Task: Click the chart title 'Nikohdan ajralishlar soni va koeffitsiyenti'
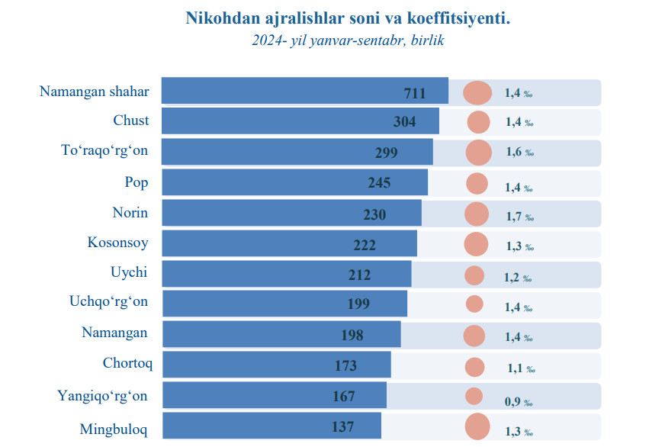click(348, 18)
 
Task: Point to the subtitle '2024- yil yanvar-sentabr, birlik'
click(348, 40)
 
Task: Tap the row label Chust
click(131, 121)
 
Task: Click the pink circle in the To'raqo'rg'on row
click(478, 153)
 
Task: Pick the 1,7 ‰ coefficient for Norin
click(519, 217)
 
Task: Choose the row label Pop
click(137, 182)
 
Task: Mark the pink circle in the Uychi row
click(474, 275)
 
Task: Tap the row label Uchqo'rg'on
click(109, 302)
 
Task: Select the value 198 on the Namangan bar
click(352, 335)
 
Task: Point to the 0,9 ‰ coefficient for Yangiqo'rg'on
click(518, 402)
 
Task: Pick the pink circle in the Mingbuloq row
click(477, 426)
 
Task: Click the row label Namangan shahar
click(94, 92)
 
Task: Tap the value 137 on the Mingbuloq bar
click(342, 427)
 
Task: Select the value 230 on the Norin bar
click(374, 215)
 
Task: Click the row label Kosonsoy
click(118, 243)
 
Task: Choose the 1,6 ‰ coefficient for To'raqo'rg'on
click(519, 153)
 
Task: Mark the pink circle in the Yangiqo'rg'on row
click(474, 396)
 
